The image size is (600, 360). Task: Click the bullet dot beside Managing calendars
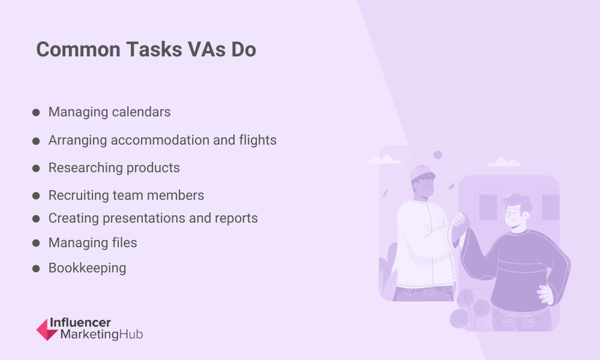(x=36, y=112)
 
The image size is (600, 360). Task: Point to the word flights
(x=257, y=140)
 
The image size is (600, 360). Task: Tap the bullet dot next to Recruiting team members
(x=36, y=196)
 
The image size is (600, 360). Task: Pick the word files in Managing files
(x=124, y=243)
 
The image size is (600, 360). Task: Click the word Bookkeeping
(x=87, y=268)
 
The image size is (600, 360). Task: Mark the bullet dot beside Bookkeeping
(x=36, y=269)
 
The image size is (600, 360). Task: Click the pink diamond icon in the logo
(x=47, y=329)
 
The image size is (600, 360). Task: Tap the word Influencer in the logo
(x=80, y=323)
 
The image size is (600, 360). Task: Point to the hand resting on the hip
(x=545, y=294)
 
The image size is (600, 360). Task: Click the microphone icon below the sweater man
(x=489, y=320)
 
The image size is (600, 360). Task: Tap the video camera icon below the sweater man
(x=529, y=320)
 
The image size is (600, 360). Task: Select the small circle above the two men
(x=438, y=155)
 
